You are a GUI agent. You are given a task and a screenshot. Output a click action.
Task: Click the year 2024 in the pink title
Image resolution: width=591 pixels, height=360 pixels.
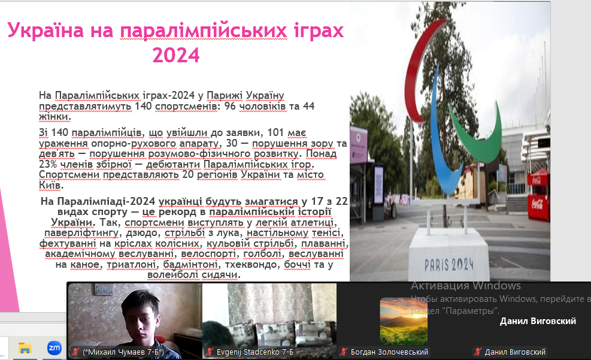[x=176, y=55]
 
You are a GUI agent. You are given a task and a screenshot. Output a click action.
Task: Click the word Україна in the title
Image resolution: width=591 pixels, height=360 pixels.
[x=46, y=29]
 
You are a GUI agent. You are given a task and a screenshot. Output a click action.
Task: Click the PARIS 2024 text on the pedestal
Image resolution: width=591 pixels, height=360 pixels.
[x=448, y=265]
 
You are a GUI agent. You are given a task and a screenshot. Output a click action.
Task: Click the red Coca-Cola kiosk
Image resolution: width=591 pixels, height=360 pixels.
[x=538, y=195]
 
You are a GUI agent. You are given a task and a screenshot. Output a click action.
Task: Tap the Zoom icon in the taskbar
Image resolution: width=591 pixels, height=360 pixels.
[x=54, y=348]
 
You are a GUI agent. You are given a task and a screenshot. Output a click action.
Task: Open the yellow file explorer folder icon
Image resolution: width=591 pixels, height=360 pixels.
[x=25, y=348]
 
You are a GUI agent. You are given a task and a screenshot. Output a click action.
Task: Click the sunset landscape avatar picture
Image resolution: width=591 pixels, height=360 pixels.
[x=404, y=321]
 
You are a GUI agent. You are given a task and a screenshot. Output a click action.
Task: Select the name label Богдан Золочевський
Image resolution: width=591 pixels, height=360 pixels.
[x=389, y=352]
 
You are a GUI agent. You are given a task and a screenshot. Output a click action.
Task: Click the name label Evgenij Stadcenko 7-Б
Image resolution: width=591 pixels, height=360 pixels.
[x=255, y=352]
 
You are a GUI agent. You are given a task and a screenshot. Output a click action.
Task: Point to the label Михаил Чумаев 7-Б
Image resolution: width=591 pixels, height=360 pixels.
[x=123, y=352]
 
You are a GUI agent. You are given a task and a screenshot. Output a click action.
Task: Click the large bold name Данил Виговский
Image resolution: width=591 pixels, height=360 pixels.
[x=538, y=321]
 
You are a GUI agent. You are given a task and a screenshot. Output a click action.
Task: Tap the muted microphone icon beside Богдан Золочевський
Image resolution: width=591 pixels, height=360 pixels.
[x=343, y=352]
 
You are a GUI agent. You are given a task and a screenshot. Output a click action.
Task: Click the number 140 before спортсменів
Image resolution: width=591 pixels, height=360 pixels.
[x=143, y=106]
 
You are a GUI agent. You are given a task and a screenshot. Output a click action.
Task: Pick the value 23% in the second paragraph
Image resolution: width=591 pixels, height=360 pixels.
[x=49, y=164]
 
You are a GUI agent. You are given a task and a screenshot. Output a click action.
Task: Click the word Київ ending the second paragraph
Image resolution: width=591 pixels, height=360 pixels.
[x=50, y=186]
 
